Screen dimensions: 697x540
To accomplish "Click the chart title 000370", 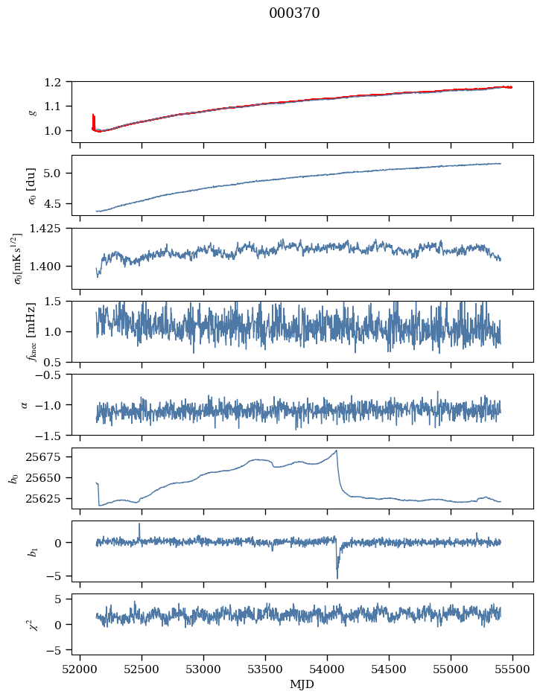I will tap(294, 13).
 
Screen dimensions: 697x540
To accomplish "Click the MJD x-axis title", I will tap(302, 684).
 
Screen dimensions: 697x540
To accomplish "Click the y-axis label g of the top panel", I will tap(31, 112).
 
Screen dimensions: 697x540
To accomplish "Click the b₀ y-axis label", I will tap(13, 478).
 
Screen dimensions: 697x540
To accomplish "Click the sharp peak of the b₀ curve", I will tap(337, 451).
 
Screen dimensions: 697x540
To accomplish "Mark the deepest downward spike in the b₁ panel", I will tap(337, 578).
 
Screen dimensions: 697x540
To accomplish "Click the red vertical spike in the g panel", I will tap(93, 119).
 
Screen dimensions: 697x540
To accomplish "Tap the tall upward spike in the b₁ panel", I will tap(139, 524).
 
